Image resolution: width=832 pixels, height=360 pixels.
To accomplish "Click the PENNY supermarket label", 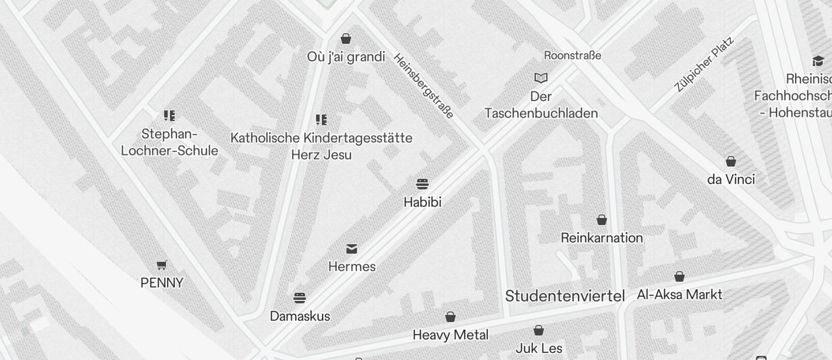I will pyautogui.click(x=162, y=283).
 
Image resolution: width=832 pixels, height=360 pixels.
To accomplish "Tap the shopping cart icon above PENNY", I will pyautogui.click(x=162, y=265).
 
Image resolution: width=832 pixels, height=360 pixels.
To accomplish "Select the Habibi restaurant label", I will pyautogui.click(x=422, y=202).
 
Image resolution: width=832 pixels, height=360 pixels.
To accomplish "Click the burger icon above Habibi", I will pyautogui.click(x=422, y=184).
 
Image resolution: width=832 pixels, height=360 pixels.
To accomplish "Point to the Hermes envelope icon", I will pyautogui.click(x=352, y=249).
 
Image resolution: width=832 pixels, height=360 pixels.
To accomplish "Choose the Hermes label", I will pyautogui.click(x=352, y=266).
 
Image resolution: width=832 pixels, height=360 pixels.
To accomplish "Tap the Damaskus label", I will pyautogui.click(x=300, y=316).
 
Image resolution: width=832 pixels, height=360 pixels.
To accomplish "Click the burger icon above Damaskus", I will pyautogui.click(x=300, y=298).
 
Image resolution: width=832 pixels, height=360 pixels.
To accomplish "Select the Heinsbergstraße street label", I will pyautogui.click(x=424, y=86).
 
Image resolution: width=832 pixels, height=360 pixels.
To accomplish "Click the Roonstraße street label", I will pyautogui.click(x=573, y=56).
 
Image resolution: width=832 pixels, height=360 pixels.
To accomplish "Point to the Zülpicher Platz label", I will pyautogui.click(x=703, y=64).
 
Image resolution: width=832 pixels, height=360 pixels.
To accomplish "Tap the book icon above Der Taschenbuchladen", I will pyautogui.click(x=542, y=78).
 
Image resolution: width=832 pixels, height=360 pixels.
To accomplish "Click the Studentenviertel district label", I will pyautogui.click(x=565, y=296).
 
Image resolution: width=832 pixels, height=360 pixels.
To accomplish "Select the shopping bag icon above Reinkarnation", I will pyautogui.click(x=602, y=220).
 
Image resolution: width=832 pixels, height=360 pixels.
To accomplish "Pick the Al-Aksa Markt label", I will pyautogui.click(x=680, y=295).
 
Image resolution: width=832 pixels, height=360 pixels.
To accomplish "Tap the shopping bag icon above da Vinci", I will pyautogui.click(x=731, y=161).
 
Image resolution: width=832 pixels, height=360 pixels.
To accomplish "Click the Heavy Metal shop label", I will pyautogui.click(x=450, y=335).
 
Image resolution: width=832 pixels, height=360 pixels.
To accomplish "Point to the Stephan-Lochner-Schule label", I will pyautogui.click(x=169, y=143).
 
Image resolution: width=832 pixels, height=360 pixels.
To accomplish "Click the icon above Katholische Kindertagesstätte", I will pyautogui.click(x=321, y=120).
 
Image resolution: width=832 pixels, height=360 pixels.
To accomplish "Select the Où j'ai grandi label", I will pyautogui.click(x=346, y=57).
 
